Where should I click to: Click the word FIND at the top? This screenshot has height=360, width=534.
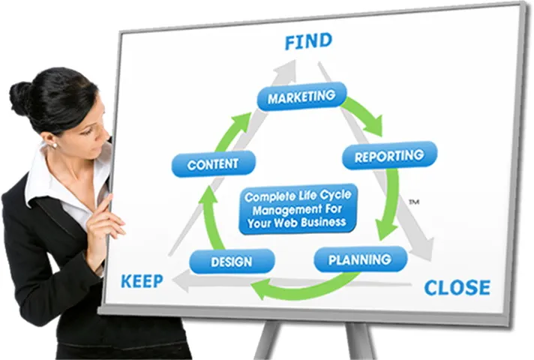308,42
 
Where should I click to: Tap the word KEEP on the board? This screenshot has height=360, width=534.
143,282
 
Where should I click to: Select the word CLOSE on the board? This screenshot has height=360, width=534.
457,287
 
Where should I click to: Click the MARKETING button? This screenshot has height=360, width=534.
301,97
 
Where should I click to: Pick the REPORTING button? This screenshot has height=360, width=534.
388,156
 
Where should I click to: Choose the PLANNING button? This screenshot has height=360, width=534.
360,259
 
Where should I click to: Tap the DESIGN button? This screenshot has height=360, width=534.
231,262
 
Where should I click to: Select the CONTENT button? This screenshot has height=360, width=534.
213,164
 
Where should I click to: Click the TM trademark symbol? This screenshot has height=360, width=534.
413,202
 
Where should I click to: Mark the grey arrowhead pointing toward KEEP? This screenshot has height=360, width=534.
180,280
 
